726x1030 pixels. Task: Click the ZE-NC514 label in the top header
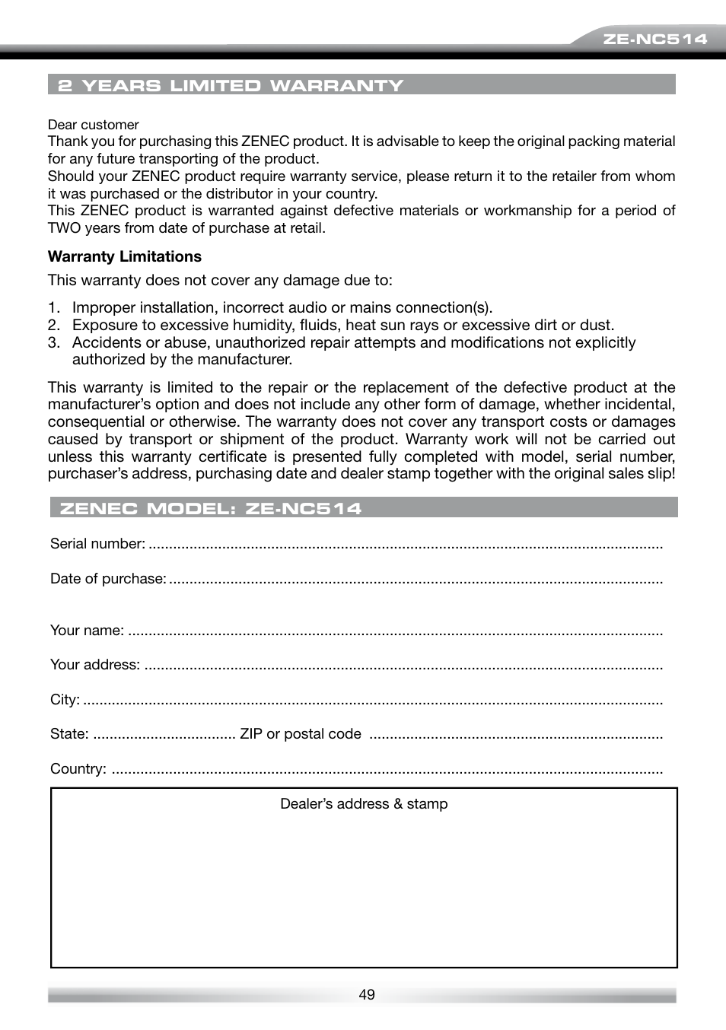[x=654, y=39]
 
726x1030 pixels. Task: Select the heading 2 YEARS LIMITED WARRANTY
[x=231, y=85]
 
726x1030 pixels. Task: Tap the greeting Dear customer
[x=93, y=125]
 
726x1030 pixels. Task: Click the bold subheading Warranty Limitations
[x=124, y=256]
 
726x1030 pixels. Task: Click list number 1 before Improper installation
[x=53, y=308]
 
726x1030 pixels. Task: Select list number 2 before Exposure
[x=53, y=326]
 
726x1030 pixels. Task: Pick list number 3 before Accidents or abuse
[x=53, y=343]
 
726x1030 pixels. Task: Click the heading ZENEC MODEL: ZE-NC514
[x=210, y=508]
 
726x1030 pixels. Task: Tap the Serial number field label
[x=97, y=544]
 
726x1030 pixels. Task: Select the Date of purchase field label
[x=107, y=579]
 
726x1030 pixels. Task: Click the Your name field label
[x=87, y=631]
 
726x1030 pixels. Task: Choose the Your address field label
[x=94, y=665]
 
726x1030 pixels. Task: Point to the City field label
[x=65, y=700]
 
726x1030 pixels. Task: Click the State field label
[x=68, y=734]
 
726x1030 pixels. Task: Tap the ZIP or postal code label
[x=300, y=734]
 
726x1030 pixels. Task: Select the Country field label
[x=78, y=769]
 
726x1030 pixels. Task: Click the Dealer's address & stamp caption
[x=364, y=804]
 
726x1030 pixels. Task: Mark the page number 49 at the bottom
[x=367, y=995]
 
